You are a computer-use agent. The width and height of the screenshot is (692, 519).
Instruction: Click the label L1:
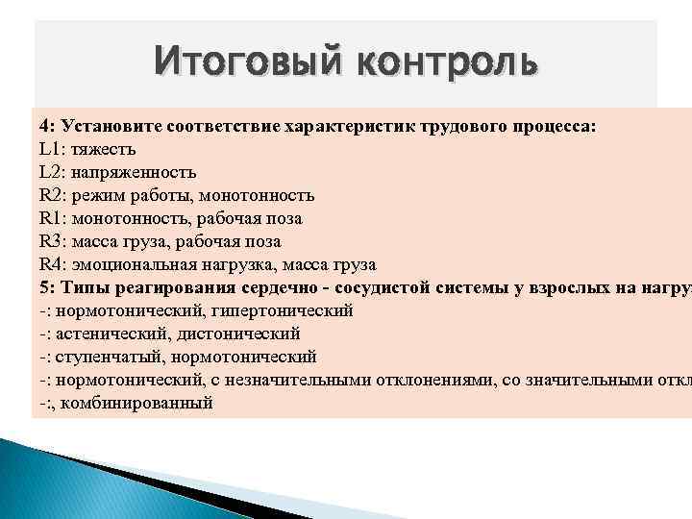53,150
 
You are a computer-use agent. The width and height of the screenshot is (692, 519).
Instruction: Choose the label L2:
53,173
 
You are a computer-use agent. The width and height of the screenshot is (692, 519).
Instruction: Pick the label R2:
54,196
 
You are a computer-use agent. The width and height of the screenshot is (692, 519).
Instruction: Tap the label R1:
54,219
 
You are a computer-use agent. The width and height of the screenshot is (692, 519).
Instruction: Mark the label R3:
54,242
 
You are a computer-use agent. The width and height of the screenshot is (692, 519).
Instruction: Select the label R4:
54,265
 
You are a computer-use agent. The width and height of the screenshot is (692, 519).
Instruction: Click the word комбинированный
150,404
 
